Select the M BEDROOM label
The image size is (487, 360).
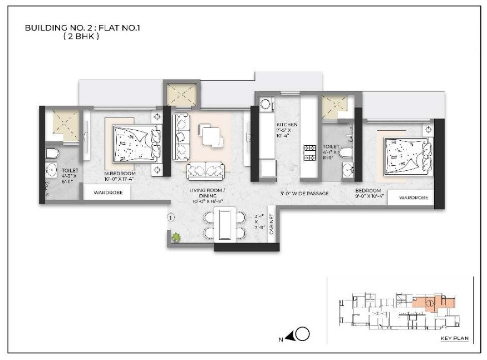[x=120, y=173]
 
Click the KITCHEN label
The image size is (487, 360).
[x=287, y=125]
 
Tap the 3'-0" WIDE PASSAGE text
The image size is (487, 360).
[x=304, y=194]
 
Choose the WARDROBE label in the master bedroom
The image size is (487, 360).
[x=107, y=193]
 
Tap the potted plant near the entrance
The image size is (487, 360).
[x=176, y=238]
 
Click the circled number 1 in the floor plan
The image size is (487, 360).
[x=171, y=217]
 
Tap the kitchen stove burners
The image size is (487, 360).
[x=308, y=151]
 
